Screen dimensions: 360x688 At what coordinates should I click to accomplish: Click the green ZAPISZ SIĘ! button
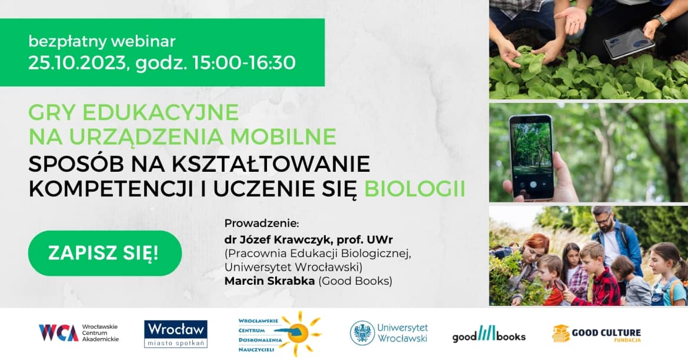pos(104,253)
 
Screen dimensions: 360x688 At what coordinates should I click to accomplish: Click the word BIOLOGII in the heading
pos(415,189)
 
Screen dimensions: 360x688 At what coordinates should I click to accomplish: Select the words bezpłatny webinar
pos(102,42)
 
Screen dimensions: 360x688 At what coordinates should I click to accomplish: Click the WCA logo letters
pos(58,333)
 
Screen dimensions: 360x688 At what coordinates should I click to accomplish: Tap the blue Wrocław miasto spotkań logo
pos(176,334)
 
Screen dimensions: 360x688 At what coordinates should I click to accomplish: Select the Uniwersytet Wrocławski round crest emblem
pos(362,333)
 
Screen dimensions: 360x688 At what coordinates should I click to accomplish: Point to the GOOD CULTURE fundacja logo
pos(596,334)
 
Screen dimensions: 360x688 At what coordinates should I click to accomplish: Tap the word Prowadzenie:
pos(262,224)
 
